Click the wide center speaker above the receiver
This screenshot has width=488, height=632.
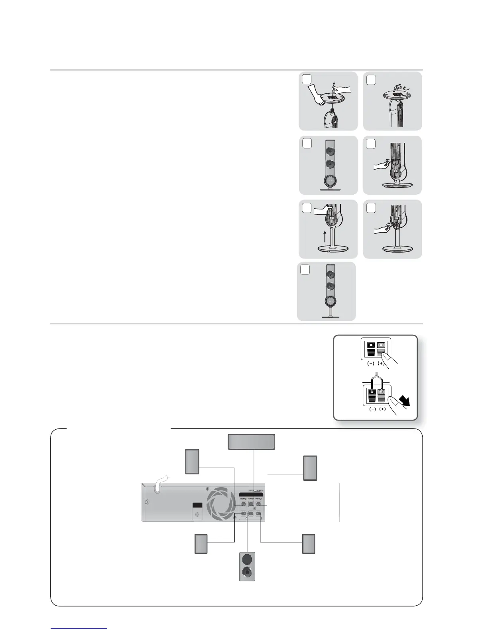251,442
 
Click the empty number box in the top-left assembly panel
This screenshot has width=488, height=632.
307,80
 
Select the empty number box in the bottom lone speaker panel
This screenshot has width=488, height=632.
305,270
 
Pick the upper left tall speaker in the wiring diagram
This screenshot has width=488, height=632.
192,462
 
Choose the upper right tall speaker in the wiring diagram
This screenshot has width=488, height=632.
310,468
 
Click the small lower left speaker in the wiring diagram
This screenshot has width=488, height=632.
201,543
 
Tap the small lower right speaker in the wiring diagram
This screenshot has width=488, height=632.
309,543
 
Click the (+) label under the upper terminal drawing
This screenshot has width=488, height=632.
381,364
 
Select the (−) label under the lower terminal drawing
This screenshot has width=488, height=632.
372,409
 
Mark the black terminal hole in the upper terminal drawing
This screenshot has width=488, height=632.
372,344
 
